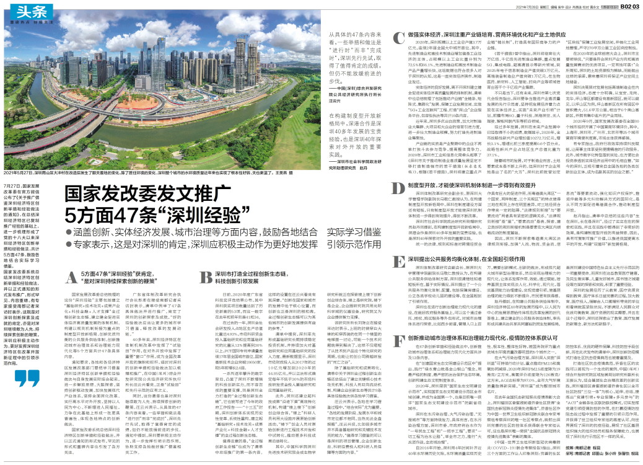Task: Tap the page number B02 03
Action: coord(627,6)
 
